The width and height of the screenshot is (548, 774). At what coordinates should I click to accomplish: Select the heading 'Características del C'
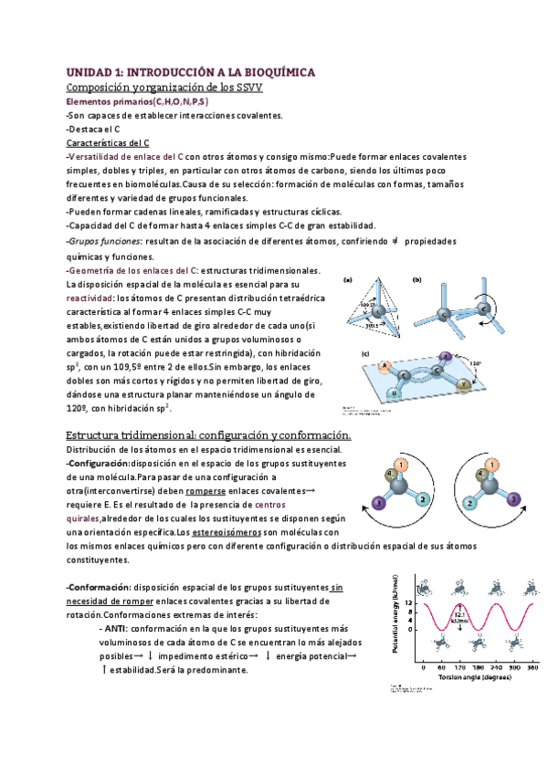coord(109,143)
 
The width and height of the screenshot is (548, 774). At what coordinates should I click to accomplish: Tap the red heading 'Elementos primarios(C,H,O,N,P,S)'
coord(138,101)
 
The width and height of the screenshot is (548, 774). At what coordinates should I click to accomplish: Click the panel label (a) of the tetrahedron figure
coord(347,280)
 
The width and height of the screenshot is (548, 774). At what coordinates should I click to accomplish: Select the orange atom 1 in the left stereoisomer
coord(403,465)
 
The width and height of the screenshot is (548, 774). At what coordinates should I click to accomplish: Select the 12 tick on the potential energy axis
coord(412,602)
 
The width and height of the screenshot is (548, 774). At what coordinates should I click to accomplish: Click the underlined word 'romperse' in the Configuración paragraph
coord(199,490)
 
